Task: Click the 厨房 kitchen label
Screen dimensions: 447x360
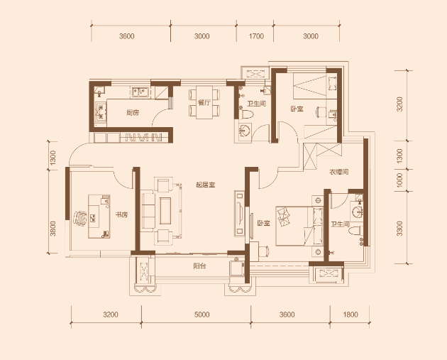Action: pos(133,113)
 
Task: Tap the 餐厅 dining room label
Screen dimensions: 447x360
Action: pos(204,103)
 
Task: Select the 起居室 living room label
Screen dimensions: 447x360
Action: pos(205,185)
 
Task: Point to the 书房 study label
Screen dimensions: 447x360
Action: pos(121,215)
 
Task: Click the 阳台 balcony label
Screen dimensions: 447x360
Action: pos(199,266)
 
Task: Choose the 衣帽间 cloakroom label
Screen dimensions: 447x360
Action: pos(339,172)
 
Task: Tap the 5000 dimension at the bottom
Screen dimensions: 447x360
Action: pos(202,315)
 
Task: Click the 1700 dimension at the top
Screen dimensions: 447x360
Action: pos(256,36)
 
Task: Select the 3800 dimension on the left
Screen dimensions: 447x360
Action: pos(53,229)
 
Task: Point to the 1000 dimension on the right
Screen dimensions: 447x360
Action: pos(399,180)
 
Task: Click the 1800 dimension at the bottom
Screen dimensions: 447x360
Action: pos(351,315)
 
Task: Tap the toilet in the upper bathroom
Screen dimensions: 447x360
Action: pos(247,115)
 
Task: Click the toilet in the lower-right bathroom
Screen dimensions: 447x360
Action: pos(356,231)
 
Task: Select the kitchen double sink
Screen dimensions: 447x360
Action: pos(140,92)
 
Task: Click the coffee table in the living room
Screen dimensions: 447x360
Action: pos(165,211)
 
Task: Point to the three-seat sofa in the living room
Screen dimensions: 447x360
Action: pos(148,211)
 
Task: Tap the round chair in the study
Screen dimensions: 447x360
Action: pos(80,219)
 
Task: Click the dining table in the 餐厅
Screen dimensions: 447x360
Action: pos(204,102)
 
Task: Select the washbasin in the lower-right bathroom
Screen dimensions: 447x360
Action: pos(357,212)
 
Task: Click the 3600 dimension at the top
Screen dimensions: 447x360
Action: pos(127,36)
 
